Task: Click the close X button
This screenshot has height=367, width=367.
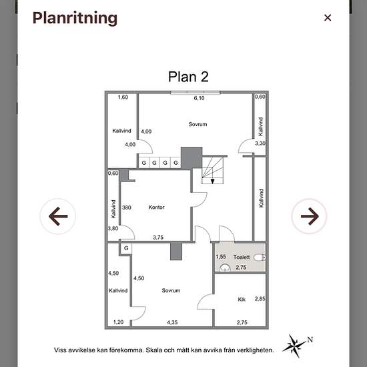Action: click(x=328, y=18)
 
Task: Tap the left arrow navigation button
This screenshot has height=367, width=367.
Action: click(x=58, y=216)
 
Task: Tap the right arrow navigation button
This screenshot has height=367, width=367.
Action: click(x=309, y=216)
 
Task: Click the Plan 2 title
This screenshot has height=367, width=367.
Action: click(x=188, y=77)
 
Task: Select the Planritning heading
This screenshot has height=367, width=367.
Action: click(x=75, y=18)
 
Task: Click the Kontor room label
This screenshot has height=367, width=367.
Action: click(x=156, y=207)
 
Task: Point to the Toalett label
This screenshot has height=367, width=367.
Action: click(x=242, y=257)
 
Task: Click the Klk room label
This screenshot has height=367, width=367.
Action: click(x=242, y=300)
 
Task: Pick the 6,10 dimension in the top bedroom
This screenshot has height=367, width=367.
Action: click(x=200, y=98)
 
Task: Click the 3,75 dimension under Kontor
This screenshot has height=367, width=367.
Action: click(x=158, y=238)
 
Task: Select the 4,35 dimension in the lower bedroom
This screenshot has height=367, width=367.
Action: click(x=172, y=322)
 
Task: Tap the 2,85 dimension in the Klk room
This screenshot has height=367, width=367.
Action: click(x=260, y=299)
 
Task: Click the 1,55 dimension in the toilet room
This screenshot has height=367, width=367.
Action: click(x=221, y=257)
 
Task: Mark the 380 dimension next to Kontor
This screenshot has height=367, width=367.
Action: click(x=127, y=208)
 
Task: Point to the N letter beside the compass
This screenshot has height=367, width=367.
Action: click(x=310, y=340)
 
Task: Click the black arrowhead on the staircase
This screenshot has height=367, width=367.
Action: click(x=212, y=181)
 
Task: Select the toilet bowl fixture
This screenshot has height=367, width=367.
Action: click(x=260, y=258)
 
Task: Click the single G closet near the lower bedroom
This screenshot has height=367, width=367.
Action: click(x=126, y=248)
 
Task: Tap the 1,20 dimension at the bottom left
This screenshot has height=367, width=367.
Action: click(x=118, y=322)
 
